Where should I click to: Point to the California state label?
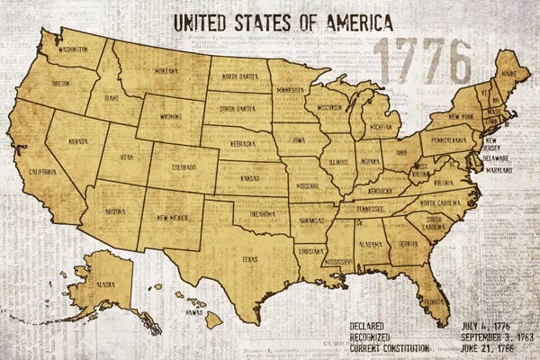(x=42, y=171)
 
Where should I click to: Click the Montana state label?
(x=166, y=70)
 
